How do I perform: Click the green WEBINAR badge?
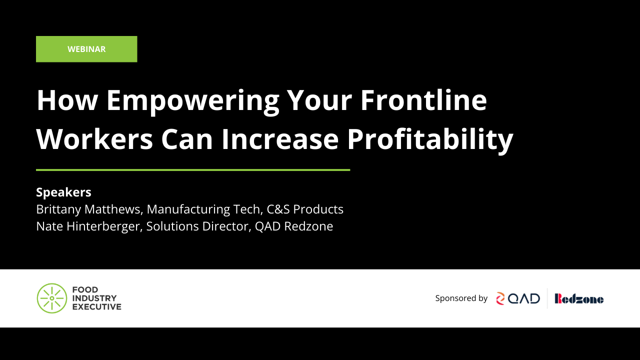point(86,49)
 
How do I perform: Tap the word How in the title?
point(66,100)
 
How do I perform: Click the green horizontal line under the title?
point(193,170)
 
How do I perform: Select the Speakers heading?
point(63,192)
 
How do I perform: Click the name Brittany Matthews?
point(88,209)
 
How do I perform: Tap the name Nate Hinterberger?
point(88,226)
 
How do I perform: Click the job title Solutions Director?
point(197,226)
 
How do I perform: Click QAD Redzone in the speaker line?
point(294,226)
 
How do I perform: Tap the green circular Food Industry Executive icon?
point(52,298)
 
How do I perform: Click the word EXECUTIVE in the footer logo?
point(97,306)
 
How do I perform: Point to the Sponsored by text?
point(461,298)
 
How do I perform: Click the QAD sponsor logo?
point(518,298)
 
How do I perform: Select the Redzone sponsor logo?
point(579,298)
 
